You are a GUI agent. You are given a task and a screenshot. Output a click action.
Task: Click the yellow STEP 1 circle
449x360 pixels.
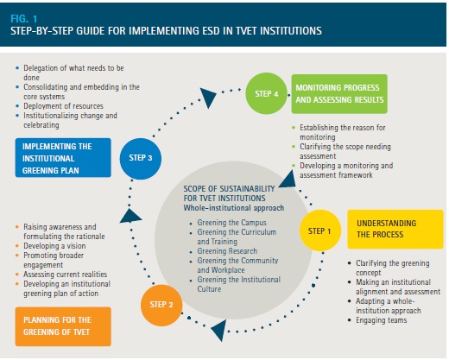(320, 231)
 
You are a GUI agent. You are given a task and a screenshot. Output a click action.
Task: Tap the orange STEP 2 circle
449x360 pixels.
(161, 305)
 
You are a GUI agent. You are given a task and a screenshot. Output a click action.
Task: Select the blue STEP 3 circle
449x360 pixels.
(141, 159)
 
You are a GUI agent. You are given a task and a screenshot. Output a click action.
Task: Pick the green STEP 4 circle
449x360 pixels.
(266, 93)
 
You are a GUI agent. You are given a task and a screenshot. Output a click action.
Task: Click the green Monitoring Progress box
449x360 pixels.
(339, 94)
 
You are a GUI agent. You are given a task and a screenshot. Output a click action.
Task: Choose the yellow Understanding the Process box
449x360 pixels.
(395, 229)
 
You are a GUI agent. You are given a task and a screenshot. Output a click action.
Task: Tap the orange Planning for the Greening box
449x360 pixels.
(63, 326)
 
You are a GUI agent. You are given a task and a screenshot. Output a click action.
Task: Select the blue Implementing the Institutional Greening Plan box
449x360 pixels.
(63, 158)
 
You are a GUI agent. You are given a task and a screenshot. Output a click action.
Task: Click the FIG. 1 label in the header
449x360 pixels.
(24, 19)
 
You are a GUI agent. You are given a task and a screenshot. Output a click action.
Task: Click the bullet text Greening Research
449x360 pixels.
(227, 251)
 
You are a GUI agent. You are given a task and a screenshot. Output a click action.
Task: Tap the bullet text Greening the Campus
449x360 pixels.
(231, 223)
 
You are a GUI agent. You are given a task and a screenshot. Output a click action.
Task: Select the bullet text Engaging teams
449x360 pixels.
(382, 320)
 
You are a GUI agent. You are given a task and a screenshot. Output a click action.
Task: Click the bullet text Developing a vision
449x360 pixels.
(54, 246)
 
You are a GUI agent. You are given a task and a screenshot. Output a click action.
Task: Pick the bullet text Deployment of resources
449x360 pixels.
(63, 106)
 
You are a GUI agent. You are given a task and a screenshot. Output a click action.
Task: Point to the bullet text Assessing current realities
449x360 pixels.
(66, 275)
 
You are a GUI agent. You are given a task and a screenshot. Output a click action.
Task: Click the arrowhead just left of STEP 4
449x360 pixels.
(208, 98)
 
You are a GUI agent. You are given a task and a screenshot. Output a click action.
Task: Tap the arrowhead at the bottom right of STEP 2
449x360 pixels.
(219, 330)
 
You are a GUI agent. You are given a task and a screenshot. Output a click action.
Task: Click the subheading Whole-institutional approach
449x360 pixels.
(234, 208)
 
